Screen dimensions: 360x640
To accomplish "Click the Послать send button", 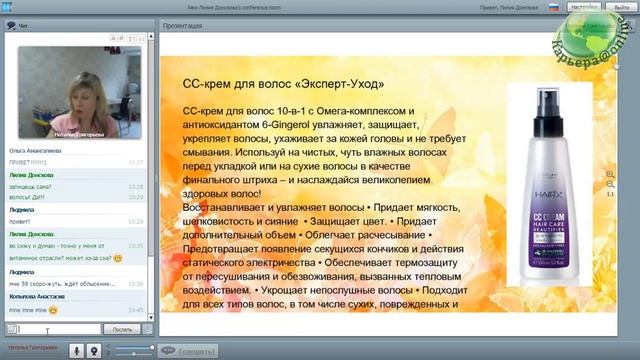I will click(x=122, y=328).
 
